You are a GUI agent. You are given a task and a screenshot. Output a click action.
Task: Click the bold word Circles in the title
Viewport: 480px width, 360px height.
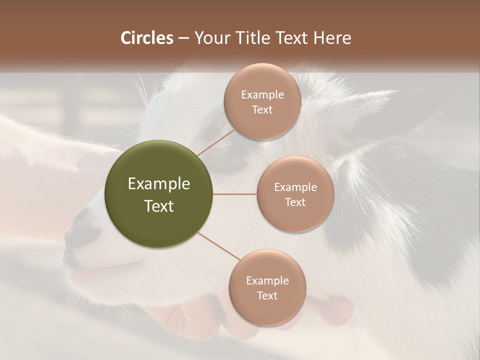[x=147, y=38]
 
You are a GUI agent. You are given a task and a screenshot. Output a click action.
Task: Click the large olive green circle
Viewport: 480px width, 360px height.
[x=159, y=194]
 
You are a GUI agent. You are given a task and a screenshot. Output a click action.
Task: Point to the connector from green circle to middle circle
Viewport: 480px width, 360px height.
[x=235, y=194]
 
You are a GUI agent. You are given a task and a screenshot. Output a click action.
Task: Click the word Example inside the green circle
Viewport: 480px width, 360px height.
[x=159, y=184]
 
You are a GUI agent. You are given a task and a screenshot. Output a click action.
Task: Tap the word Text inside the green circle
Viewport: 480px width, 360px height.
[x=159, y=206]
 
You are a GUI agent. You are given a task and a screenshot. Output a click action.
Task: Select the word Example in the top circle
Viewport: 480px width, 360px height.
[x=262, y=95]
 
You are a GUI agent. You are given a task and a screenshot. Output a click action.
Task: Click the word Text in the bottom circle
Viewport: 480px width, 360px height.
[x=267, y=296]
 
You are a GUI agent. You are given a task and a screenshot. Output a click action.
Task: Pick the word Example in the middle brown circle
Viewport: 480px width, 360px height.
[x=295, y=187]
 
